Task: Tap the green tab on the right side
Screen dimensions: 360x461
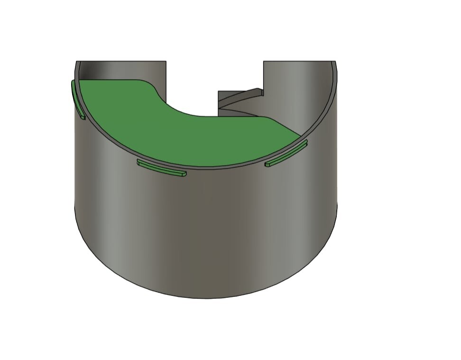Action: tap(286, 154)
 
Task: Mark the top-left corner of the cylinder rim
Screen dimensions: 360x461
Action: tap(77, 62)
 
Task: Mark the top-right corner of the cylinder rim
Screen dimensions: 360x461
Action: tap(336, 62)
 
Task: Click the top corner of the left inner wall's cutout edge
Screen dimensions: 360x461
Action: tap(166, 62)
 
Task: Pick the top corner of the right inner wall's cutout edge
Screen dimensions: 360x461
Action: tap(264, 62)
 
